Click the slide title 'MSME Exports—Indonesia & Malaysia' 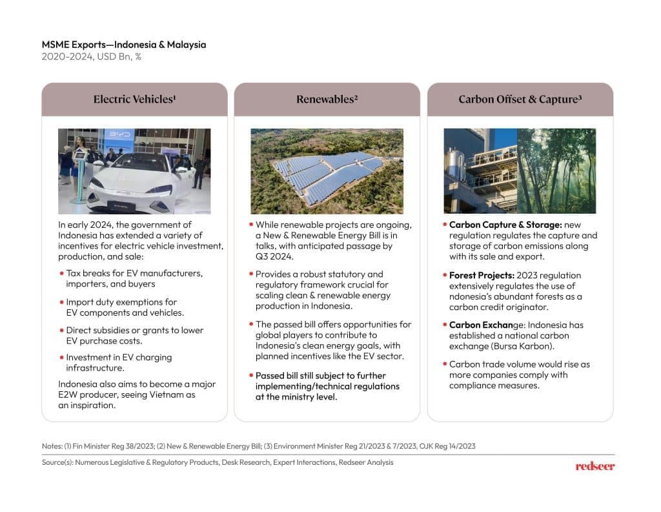(x=124, y=45)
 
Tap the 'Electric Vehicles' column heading (x=134, y=99)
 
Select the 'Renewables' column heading (x=327, y=99)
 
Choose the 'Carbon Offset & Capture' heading (x=520, y=99)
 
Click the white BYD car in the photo (x=139, y=184)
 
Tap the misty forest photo (x=556, y=170)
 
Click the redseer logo (x=595, y=466)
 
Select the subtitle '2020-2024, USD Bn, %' (x=92, y=57)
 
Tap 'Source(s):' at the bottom (x=57, y=462)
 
